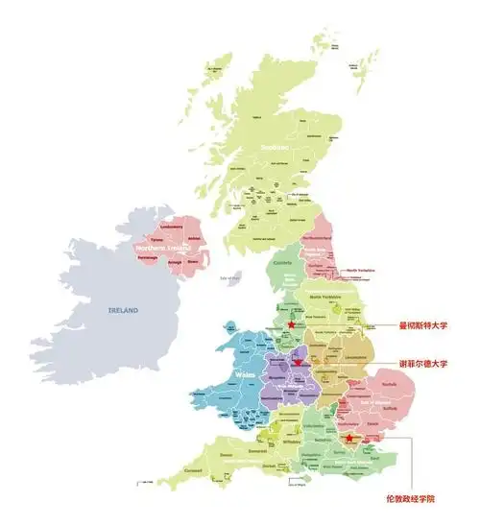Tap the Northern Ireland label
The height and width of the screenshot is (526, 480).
tap(169, 249)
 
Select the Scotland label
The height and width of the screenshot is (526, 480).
tap(276, 147)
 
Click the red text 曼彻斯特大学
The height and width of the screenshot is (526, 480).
tap(423, 325)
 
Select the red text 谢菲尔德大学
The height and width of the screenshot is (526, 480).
tap(423, 364)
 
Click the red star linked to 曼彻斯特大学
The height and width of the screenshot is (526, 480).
tap(291, 325)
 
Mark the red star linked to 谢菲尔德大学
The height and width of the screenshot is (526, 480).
tap(299, 363)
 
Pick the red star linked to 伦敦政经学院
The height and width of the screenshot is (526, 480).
tap(349, 439)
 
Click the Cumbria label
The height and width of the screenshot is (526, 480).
tap(283, 263)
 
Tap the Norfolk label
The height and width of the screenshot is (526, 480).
tap(388, 386)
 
